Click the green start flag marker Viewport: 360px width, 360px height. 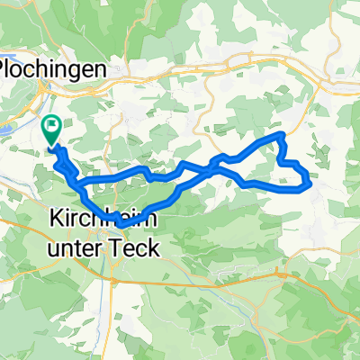51,130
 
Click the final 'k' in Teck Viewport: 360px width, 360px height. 155,247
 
